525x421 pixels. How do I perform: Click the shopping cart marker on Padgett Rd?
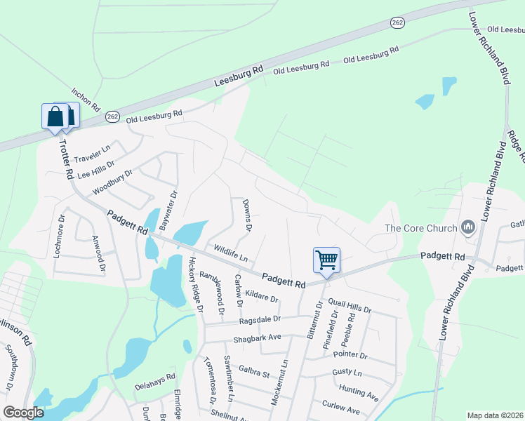[x=326, y=260]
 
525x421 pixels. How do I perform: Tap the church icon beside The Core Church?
[x=467, y=227]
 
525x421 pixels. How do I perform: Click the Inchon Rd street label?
[x=86, y=100]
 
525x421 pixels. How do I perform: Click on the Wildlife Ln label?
[x=231, y=253]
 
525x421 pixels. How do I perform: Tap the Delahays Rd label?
[x=154, y=381]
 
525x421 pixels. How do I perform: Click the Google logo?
[x=23, y=412]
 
